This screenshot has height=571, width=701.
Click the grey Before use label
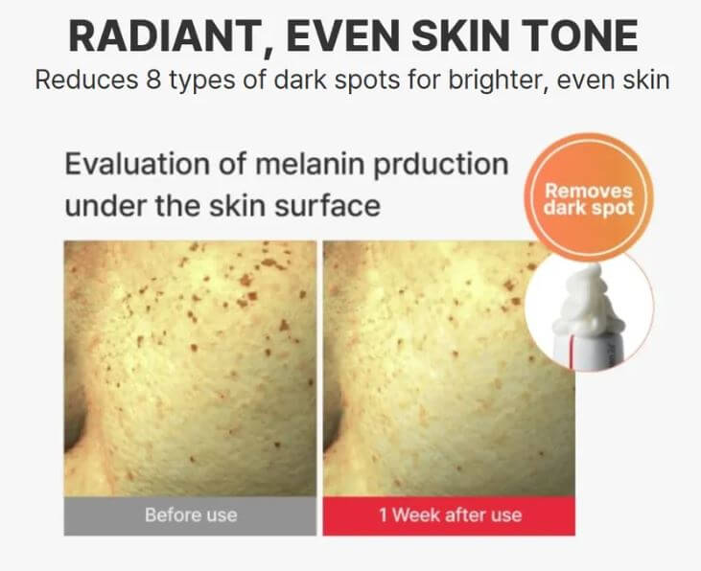pos(190,515)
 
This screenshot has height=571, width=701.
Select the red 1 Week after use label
pos(449,515)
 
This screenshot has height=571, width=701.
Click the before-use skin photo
pos(190,368)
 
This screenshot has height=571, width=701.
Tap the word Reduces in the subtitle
pos(82,80)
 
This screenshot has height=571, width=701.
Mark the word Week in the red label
pos(413,515)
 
